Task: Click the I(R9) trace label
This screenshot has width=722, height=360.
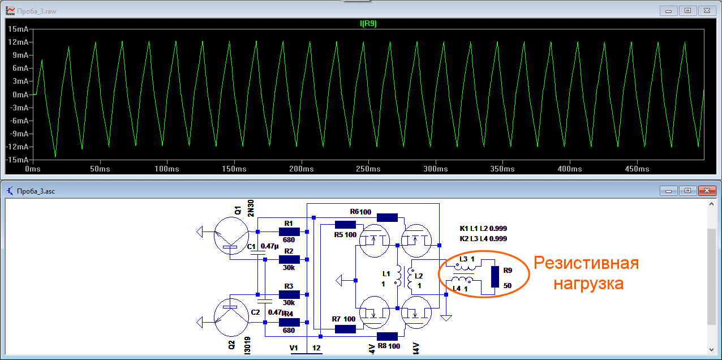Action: point(368,24)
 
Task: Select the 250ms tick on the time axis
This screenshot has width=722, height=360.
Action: point(368,169)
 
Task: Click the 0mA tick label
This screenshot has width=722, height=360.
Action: point(20,95)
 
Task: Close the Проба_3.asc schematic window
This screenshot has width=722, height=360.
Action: point(707,191)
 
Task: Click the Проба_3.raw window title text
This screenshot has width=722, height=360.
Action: point(37,11)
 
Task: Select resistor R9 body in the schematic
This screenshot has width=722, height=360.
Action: point(495,276)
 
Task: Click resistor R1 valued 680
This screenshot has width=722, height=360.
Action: point(289,232)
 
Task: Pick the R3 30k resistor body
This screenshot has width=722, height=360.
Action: point(289,295)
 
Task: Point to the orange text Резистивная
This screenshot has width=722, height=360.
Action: point(586,264)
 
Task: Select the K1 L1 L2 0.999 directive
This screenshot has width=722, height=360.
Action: point(484,229)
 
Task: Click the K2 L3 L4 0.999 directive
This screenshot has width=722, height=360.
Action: point(484,238)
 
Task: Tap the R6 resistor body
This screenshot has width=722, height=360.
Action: point(387,217)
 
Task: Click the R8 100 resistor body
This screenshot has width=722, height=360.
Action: point(387,336)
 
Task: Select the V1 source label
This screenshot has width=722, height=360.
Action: point(293,347)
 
